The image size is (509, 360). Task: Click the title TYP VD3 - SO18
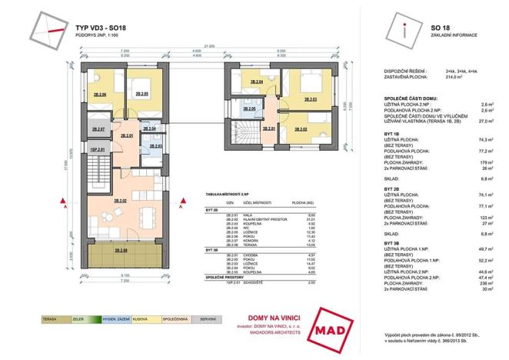[x=114, y=25]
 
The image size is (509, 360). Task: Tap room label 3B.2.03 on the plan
[x=311, y=99]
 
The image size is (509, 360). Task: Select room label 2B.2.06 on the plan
[x=98, y=95]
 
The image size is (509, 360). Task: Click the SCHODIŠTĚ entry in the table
[x=251, y=283]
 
